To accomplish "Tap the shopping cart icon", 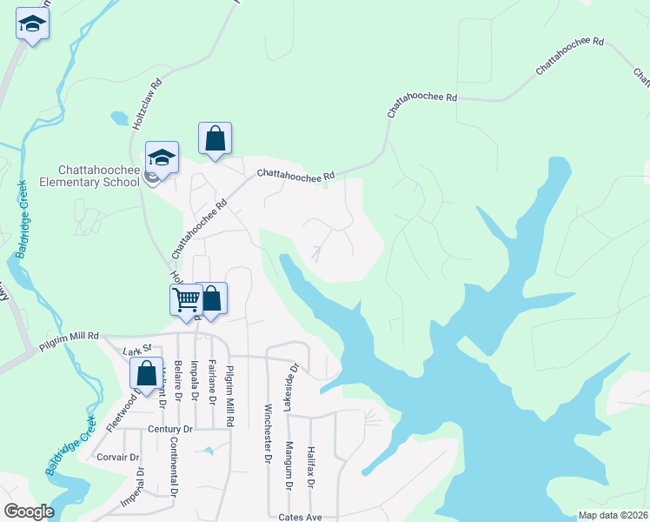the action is click(x=187, y=300).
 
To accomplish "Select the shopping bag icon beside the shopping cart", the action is click(x=211, y=300).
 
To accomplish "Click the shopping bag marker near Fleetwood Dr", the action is click(x=147, y=374).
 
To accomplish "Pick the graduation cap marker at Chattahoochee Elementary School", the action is click(x=162, y=158).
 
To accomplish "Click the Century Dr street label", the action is click(x=169, y=430).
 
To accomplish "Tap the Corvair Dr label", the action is click(x=118, y=457).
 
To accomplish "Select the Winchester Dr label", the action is click(x=268, y=432).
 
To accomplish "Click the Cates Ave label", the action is click(x=301, y=517).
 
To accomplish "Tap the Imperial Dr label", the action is click(x=139, y=492).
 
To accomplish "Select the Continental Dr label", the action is click(x=174, y=470).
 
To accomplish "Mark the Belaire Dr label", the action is click(x=177, y=381).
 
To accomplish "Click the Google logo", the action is click(x=29, y=512).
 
